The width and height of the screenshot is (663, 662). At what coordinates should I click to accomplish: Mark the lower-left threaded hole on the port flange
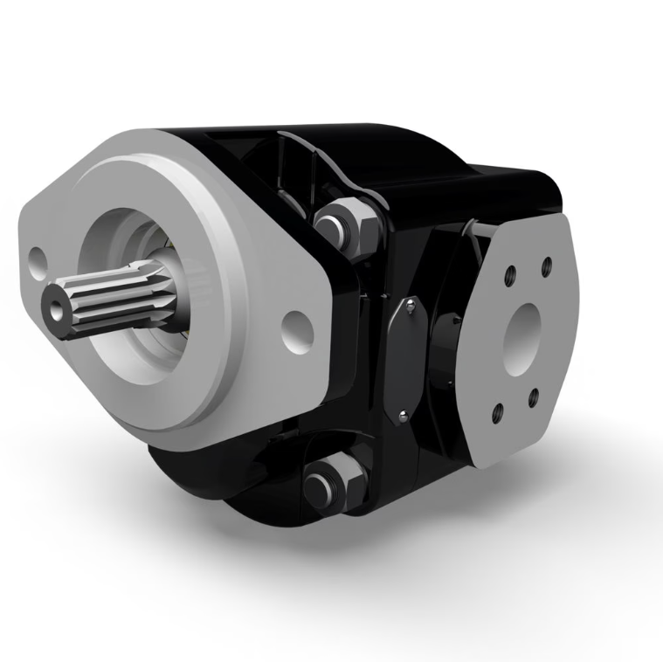pos(497,410)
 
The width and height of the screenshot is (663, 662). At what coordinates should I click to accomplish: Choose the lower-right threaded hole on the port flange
pos(533,398)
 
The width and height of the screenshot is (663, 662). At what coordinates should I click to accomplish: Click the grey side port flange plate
pos(524,367)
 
